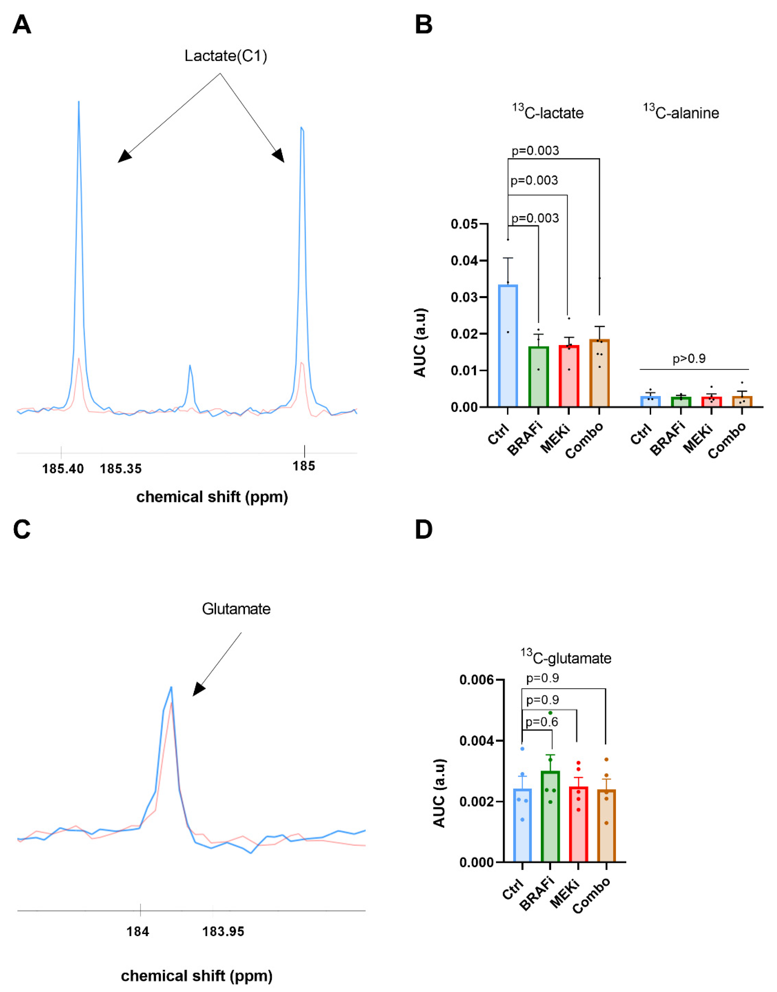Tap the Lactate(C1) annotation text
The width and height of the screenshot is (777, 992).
[226, 56]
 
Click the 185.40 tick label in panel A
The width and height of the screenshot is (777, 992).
[63, 469]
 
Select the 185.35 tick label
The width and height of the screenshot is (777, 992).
[120, 469]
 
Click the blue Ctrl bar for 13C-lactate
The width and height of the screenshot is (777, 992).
[508, 346]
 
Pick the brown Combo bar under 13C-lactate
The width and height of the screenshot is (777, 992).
[599, 373]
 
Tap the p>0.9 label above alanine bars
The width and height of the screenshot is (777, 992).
[689, 359]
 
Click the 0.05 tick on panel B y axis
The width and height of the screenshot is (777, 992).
[464, 224]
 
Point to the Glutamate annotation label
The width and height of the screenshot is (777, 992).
[236, 609]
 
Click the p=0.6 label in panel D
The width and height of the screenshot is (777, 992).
[541, 722]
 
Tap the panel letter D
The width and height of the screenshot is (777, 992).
[423, 530]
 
